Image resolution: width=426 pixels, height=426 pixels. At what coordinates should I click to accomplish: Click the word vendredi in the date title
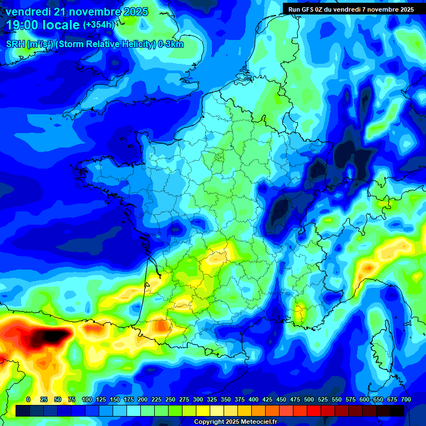click(x=28, y=12)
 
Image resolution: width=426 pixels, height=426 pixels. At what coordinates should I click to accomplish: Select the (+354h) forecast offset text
click(x=98, y=25)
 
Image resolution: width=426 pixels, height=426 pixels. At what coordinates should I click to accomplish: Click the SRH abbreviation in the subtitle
click(x=16, y=44)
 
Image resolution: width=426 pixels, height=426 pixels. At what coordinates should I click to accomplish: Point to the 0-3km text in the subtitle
click(x=170, y=44)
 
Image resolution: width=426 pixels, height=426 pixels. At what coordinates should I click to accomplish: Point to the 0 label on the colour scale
click(x=28, y=399)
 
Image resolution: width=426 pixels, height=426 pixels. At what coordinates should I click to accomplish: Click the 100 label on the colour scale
click(x=87, y=399)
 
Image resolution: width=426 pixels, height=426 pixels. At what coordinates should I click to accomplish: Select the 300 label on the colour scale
click(x=198, y=399)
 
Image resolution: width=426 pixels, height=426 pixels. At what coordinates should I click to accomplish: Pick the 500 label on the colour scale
click(x=309, y=399)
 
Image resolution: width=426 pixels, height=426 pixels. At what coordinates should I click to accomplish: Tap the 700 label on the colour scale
click(x=405, y=399)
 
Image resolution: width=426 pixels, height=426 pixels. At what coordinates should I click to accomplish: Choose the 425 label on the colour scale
click(x=267, y=399)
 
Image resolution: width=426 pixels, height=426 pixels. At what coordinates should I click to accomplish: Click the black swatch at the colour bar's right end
click(x=397, y=410)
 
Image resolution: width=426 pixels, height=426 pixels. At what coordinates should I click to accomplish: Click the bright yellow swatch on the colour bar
click(x=203, y=410)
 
